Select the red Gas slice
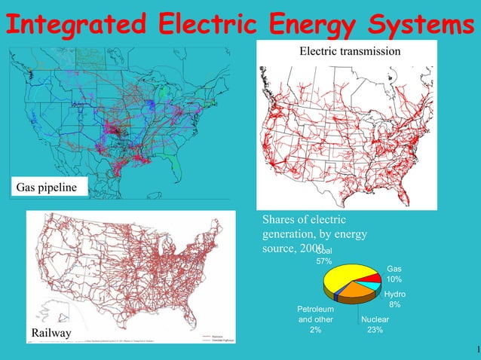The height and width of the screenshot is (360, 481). pos(373,279)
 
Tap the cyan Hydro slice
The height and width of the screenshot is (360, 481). pos(374,286)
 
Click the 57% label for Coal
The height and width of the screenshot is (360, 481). pos(323,261)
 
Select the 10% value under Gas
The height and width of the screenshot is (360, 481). pos(394,279)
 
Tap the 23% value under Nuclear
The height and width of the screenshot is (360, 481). pos(373,330)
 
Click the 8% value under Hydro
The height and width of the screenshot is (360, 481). pos(394,305)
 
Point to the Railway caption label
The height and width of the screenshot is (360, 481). pos(51,333)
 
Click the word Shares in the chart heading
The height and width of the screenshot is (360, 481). pos(280,220)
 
